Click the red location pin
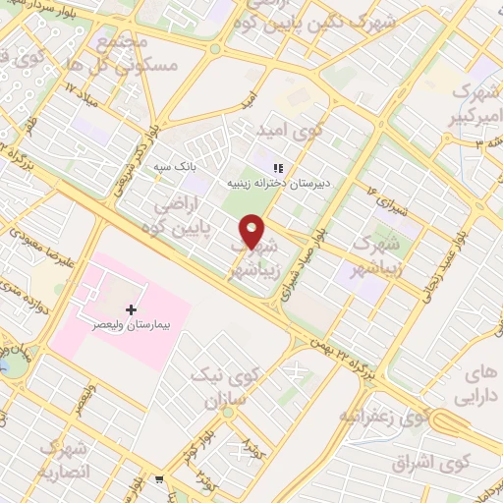[253, 232]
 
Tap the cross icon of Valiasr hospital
[132, 308]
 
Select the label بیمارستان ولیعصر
[132, 323]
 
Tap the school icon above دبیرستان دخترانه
[278, 167]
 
